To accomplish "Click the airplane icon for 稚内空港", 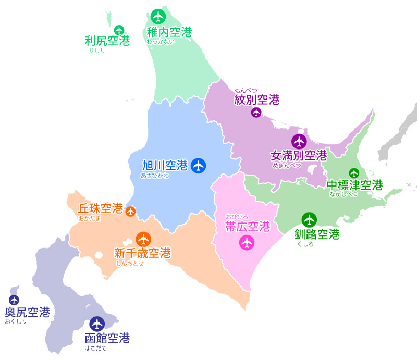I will coord(158,17).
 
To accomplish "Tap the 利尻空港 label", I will coord(107,41).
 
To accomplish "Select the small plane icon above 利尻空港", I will coord(119,30).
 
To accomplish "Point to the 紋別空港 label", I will coord(257,100).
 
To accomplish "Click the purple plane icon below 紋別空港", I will coord(256,113).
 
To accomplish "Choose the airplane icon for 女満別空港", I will coord(299,141).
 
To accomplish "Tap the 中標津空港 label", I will coord(354,185).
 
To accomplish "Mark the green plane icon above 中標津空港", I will coord(354,173).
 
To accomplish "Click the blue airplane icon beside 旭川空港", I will coord(198,166).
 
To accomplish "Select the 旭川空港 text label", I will coord(165,166).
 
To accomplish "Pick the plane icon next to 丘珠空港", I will coord(130,211).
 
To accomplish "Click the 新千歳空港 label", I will coord(142,253).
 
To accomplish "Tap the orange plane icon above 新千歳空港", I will coord(143,240).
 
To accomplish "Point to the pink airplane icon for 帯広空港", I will coord(247,242).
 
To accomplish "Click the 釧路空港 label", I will coord(316,234).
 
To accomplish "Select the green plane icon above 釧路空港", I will coord(309,220).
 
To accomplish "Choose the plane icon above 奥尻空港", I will coord(14,300).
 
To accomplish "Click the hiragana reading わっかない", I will coord(161,41).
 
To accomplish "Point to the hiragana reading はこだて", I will coord(95,348).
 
